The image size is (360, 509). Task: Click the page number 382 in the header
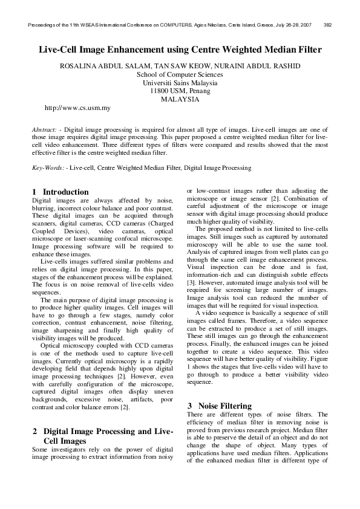[x=327, y=25]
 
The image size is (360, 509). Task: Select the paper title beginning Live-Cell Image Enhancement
[x=180, y=50]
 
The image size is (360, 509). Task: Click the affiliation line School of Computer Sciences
[x=180, y=74]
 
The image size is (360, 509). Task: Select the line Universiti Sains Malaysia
[x=180, y=83]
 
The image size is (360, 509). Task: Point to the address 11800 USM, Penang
[x=180, y=91]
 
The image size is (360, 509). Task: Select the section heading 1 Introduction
[x=60, y=192]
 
